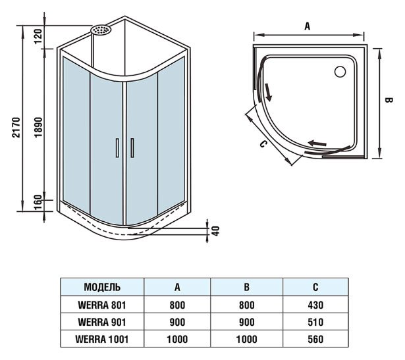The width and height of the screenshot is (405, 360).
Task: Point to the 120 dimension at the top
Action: (38, 34)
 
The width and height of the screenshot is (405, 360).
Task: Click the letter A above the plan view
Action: (307, 26)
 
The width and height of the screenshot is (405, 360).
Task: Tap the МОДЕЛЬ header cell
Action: (102, 288)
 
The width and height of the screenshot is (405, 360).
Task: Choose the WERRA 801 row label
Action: (102, 305)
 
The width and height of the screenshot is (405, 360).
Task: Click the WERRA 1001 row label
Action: (102, 340)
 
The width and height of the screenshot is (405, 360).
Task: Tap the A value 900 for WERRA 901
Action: (177, 322)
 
